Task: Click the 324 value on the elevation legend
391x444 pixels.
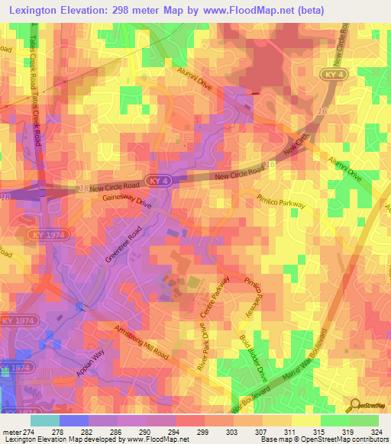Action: tap(368, 431)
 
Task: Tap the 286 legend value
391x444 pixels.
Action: tap(114, 431)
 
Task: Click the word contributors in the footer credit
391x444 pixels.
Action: tap(367, 439)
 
